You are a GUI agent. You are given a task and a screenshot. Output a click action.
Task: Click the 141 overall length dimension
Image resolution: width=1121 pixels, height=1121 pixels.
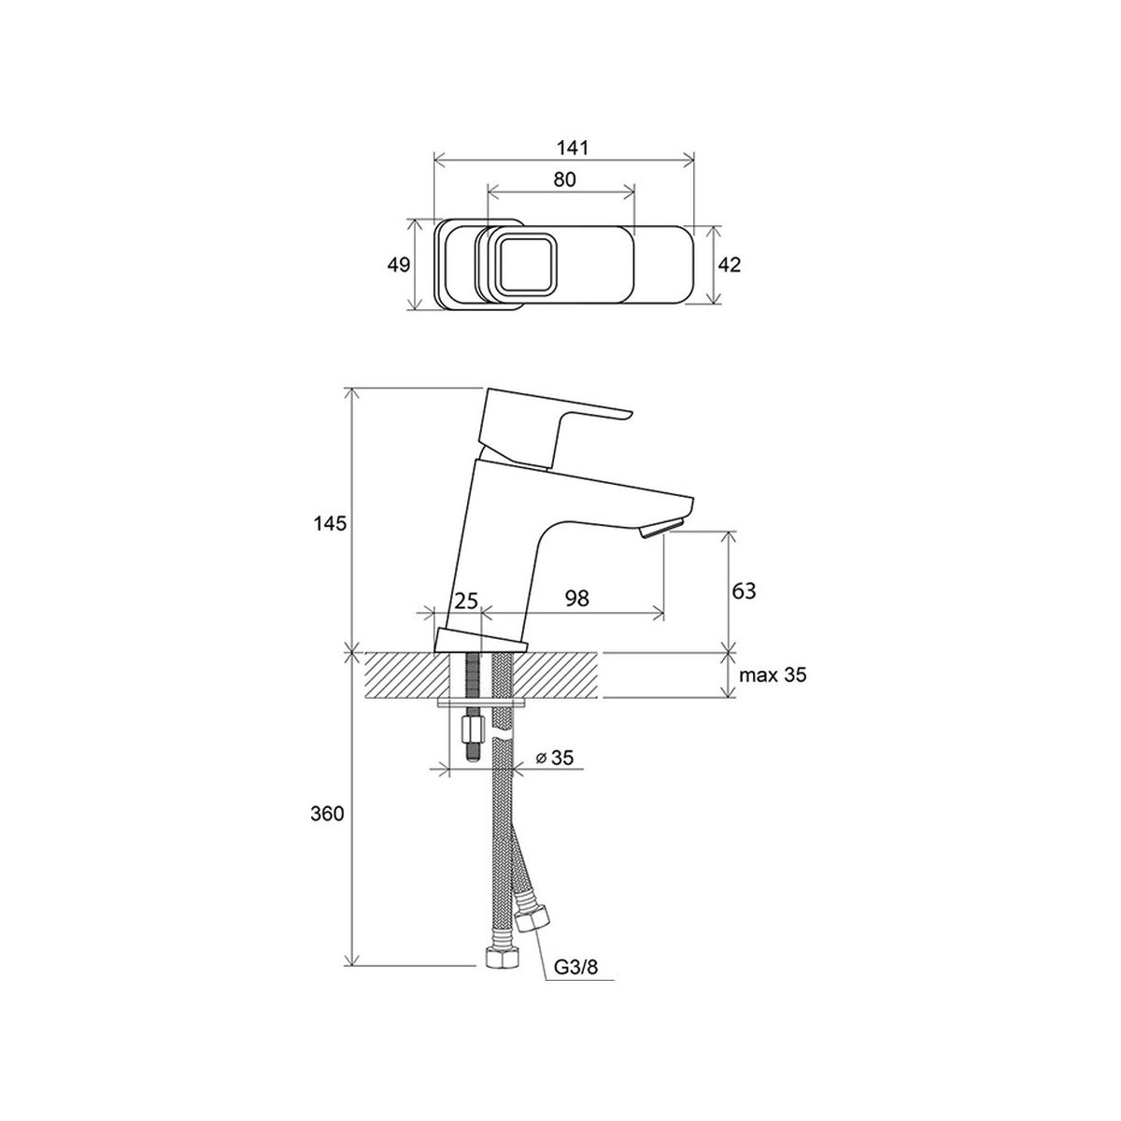[573, 148]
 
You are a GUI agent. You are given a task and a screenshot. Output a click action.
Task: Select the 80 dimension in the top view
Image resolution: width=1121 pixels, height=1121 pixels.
[564, 179]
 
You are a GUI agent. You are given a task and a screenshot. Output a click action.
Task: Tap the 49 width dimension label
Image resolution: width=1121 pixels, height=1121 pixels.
[399, 264]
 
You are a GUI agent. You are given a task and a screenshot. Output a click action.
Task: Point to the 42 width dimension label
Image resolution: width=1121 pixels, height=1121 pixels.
[729, 264]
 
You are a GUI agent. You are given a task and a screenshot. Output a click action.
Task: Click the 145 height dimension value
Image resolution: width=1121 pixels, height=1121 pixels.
[330, 523]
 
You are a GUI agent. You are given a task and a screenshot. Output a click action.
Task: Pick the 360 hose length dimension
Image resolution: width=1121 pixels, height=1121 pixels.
[327, 814]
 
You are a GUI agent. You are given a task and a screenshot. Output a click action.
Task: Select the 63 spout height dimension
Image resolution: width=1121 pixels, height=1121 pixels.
[744, 590]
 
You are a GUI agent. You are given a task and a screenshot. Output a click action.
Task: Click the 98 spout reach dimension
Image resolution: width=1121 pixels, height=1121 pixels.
[577, 598]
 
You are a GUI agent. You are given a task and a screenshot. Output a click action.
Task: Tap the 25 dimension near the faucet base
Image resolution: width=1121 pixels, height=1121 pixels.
[466, 601]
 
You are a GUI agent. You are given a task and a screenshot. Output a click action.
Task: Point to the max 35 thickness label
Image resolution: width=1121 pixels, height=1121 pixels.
[773, 675]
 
